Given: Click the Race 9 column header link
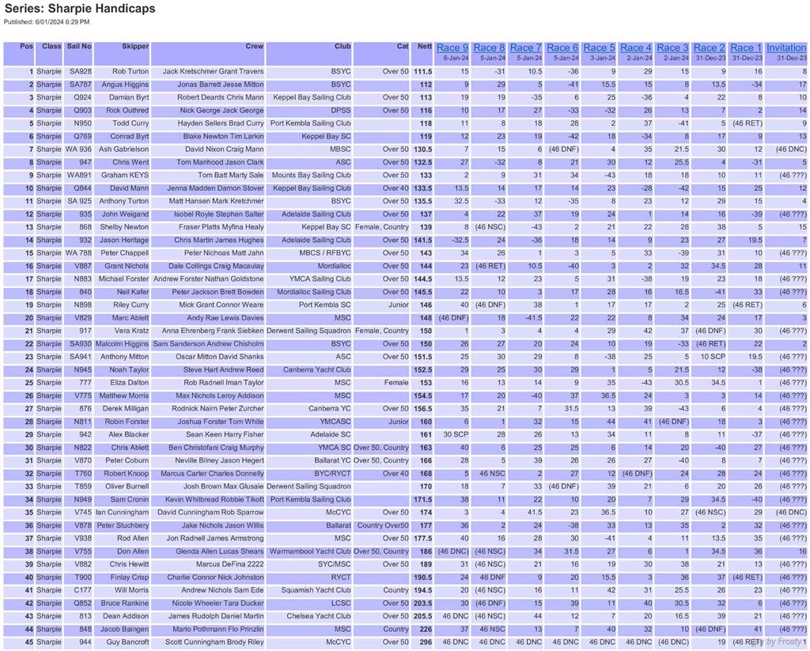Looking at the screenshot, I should tap(452, 48).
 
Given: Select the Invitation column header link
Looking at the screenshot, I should tap(786, 48).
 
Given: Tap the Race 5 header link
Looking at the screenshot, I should tap(599, 48).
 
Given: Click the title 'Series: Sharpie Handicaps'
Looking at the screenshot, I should tap(79, 9).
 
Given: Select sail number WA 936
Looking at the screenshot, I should tap(78, 150).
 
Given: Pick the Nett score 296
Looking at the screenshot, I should tap(424, 642).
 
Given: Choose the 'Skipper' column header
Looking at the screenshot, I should tap(135, 47).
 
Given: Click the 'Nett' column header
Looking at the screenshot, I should tap(423, 47).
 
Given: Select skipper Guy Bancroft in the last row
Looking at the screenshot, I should tap(127, 642).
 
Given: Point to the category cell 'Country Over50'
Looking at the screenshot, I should tap(383, 525).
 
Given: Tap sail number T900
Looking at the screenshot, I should tap(82, 577).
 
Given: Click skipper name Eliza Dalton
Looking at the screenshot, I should tap(128, 383).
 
